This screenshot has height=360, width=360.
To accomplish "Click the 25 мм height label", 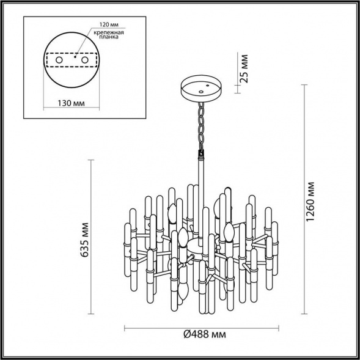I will coord(244,68).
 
